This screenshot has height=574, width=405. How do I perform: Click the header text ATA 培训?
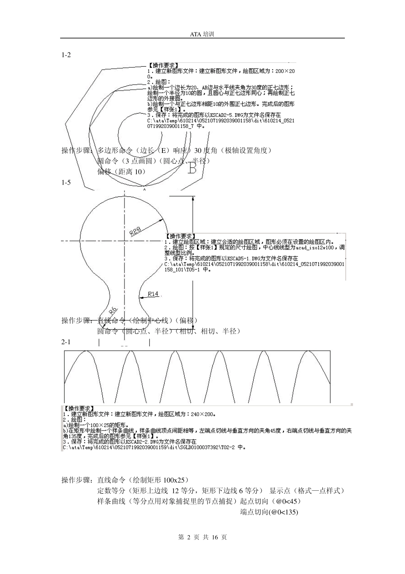202,34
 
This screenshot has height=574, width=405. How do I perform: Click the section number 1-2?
66,55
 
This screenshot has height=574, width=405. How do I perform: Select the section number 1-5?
66,182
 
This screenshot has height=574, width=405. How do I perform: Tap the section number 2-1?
66,342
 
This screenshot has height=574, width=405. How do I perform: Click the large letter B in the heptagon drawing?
192,169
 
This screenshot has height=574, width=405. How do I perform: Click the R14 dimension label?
153,294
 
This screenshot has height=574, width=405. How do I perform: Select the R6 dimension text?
113,310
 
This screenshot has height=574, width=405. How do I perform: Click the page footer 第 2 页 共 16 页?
202,537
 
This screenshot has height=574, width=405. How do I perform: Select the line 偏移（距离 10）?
121,172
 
